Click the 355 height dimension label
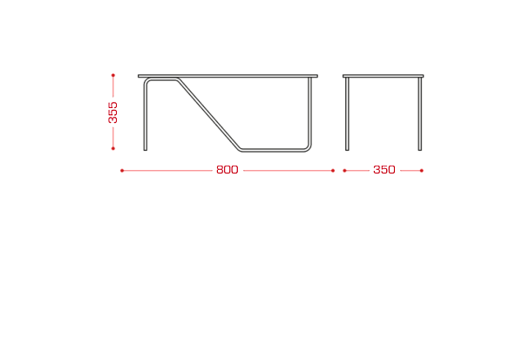point(113,112)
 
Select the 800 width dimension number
point(228,170)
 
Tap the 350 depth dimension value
point(384,170)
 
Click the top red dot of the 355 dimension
point(113,75)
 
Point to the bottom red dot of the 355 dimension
point(113,148)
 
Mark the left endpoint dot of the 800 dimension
point(122,171)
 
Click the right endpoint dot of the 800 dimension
point(333,171)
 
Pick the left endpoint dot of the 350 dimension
point(344,171)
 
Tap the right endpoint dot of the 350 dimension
point(422,171)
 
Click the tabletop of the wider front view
point(228,76)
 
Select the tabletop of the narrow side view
point(383,76)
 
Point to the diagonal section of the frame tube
point(208,113)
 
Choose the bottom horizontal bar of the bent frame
point(272,150)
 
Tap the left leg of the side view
point(347,114)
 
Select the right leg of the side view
point(420,114)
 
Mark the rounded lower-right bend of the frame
point(309,148)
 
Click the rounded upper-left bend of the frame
point(146,81)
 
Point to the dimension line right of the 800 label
point(288,171)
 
